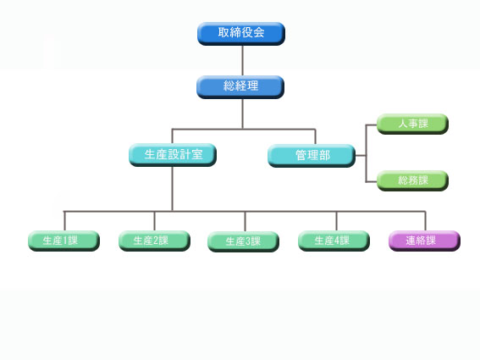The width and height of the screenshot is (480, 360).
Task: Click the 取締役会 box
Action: click(x=241, y=34)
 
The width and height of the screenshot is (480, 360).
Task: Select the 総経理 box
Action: click(x=240, y=87)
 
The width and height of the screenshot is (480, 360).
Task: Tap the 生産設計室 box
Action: click(x=173, y=155)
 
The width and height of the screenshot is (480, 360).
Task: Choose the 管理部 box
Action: click(x=312, y=156)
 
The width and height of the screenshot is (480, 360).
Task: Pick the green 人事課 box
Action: click(x=412, y=124)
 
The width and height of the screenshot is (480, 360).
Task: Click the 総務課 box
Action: click(x=412, y=180)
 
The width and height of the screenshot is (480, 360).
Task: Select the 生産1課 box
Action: click(x=64, y=241)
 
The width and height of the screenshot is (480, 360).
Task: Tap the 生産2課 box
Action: click(x=155, y=241)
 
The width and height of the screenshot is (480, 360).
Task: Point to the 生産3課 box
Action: click(x=243, y=241)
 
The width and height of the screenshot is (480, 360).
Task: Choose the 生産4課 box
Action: click(x=334, y=241)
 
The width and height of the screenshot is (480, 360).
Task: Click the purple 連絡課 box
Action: click(x=425, y=241)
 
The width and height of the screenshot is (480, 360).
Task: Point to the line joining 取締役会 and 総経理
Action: click(x=242, y=61)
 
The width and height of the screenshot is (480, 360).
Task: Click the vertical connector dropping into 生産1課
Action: click(x=64, y=221)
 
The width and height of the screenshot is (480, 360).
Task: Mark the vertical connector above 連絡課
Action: click(x=425, y=221)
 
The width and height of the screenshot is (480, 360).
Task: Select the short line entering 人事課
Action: click(x=372, y=125)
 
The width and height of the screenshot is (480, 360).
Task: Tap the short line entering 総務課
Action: click(x=372, y=181)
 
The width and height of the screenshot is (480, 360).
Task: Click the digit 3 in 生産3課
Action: click(x=248, y=241)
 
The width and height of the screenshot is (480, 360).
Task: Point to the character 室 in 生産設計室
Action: click(x=197, y=154)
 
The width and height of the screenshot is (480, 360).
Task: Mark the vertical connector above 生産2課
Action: click(x=154, y=221)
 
